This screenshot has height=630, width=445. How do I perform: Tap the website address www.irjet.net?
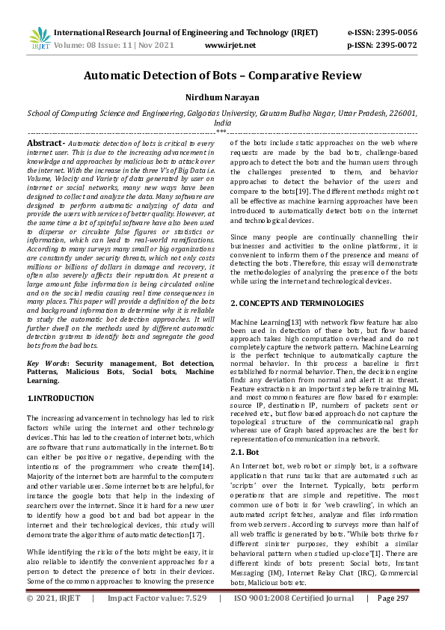tap(226, 46)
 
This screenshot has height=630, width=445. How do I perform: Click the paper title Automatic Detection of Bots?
tap(222, 76)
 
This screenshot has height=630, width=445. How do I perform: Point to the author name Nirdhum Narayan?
tap(222, 97)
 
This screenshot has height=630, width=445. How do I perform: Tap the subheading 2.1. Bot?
tap(247, 452)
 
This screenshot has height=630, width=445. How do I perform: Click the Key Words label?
tap(49, 362)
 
